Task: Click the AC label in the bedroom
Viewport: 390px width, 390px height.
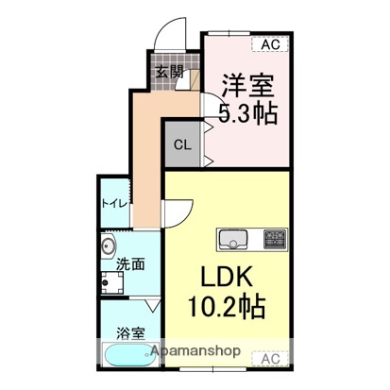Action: click(269, 42)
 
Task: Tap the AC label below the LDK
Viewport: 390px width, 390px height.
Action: click(269, 358)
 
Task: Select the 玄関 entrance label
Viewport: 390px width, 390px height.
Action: click(169, 70)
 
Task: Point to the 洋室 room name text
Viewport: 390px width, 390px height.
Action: click(247, 86)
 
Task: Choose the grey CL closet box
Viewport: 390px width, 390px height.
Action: click(183, 144)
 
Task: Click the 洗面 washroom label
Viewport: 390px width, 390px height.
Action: click(130, 265)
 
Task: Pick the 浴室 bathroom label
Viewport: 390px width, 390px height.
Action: click(130, 332)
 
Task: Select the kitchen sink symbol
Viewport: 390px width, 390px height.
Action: click(233, 240)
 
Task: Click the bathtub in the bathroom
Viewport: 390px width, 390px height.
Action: click(127, 358)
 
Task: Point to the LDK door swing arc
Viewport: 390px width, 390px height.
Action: click(181, 212)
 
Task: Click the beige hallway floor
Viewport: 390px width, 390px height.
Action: click(147, 161)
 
